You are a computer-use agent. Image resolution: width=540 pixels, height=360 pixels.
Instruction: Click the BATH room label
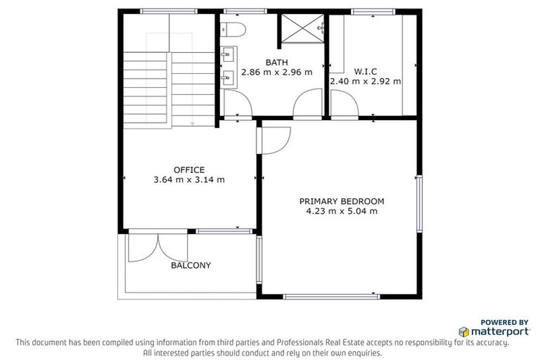point(276,63)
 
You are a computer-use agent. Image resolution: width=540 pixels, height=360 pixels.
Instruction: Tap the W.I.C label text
point(366,72)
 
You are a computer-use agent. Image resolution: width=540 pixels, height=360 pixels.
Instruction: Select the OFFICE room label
point(189,169)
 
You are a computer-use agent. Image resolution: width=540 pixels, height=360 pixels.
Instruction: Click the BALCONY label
point(191,266)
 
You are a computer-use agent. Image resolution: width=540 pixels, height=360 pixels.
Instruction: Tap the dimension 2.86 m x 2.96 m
point(276,72)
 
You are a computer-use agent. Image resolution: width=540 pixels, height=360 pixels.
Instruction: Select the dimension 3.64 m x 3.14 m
point(189,179)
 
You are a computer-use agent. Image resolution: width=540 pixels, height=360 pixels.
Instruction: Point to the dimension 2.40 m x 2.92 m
point(366,81)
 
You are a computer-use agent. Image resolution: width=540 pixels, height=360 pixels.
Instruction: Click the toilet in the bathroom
point(231,29)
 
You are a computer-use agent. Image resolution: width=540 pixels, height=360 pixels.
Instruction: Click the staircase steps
point(146,88)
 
